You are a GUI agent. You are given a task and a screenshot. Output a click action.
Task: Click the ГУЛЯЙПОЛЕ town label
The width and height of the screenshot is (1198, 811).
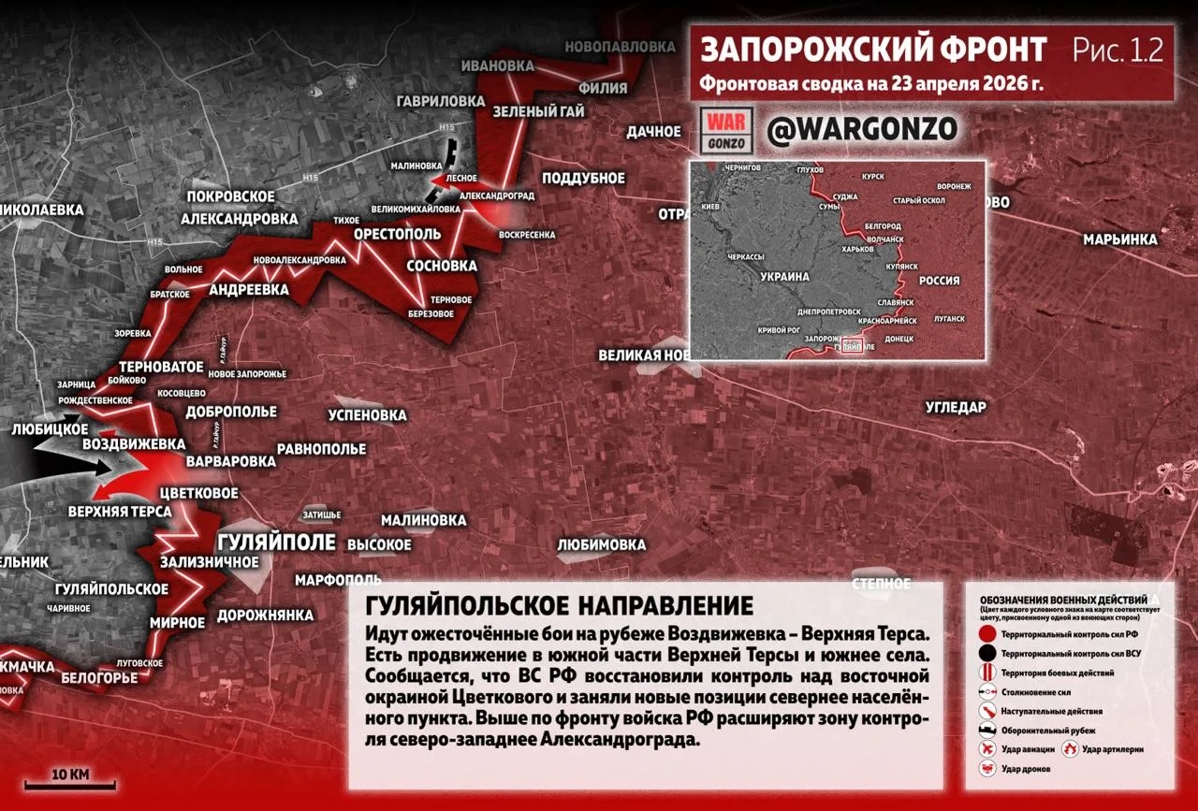(275, 542)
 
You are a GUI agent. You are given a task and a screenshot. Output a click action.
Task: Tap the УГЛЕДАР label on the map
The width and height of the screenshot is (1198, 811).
(956, 408)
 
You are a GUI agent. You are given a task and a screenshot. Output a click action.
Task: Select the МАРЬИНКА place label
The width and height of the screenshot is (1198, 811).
(1120, 240)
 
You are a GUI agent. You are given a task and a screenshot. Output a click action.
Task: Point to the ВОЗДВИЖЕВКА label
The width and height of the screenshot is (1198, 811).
(134, 443)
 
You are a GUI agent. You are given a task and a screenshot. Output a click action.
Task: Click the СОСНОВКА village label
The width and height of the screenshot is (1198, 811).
(442, 267)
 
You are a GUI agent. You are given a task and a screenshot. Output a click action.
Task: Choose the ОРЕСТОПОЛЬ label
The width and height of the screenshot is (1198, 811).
(396, 234)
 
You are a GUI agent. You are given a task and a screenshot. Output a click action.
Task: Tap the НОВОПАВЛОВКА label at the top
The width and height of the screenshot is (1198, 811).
(620, 47)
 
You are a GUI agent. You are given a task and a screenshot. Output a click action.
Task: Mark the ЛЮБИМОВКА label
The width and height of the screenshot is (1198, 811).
(601, 544)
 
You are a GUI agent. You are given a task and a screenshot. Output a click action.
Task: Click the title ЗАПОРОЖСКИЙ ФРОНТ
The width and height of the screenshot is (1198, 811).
(874, 50)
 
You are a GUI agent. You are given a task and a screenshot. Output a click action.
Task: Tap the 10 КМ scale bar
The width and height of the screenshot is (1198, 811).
(70, 782)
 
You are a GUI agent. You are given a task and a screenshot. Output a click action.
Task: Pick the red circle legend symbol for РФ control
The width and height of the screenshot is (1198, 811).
(987, 634)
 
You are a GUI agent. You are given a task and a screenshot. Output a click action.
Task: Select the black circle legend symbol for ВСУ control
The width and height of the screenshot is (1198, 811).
(987, 654)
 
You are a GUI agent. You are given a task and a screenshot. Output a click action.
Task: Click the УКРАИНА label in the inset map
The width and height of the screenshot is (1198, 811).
(784, 278)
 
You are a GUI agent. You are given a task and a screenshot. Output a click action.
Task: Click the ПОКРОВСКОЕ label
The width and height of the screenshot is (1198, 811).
(230, 196)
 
